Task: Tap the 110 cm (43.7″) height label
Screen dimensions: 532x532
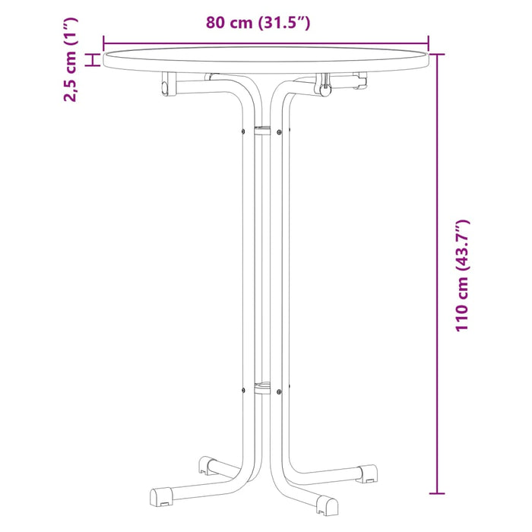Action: [463, 275]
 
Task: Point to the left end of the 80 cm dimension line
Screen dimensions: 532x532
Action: [103, 44]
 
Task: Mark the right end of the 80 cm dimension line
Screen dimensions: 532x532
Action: [429, 44]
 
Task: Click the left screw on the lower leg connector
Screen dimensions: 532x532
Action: [242, 391]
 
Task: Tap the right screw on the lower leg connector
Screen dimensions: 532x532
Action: [280, 391]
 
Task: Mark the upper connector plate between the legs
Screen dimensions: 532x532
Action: [261, 131]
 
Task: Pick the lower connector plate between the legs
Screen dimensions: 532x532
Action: [261, 389]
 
